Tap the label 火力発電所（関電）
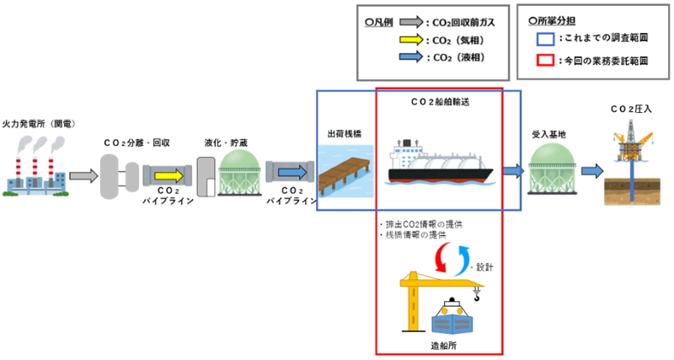[x=40, y=124]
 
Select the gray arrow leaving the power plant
[x=83, y=176]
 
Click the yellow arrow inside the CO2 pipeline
[x=169, y=175]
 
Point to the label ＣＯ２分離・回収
[x=137, y=142]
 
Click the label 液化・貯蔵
[x=226, y=142]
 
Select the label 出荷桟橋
[x=345, y=134]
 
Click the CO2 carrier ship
[x=441, y=162]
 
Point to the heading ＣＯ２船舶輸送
[x=440, y=102]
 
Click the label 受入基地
[x=549, y=134]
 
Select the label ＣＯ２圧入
[x=631, y=110]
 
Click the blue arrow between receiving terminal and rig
[x=592, y=171]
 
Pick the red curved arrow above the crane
[x=441, y=257]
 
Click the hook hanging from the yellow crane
[x=476, y=295]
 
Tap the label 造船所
[x=443, y=346]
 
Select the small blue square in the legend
[x=545, y=39]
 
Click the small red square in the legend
[x=545, y=60]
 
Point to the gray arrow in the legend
[x=411, y=23]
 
